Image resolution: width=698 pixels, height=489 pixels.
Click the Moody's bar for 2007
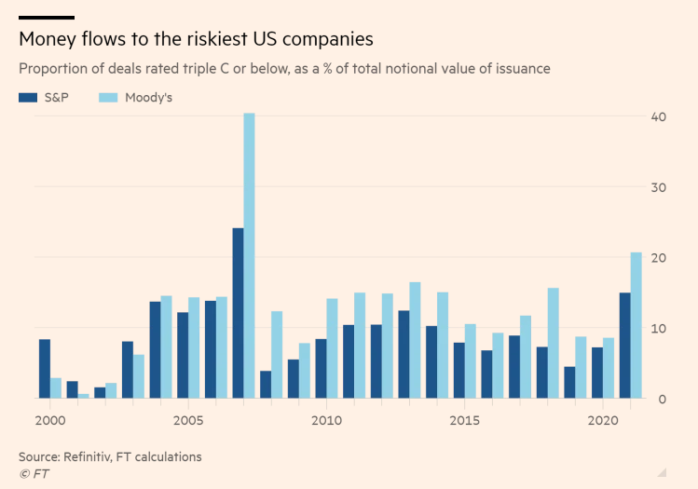pyautogui.click(x=249, y=256)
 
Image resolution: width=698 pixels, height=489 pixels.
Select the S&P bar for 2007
pyautogui.click(x=238, y=313)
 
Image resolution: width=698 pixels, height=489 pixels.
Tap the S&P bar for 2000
pyautogui.click(x=45, y=369)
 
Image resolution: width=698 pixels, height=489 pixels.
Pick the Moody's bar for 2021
pyautogui.click(x=636, y=325)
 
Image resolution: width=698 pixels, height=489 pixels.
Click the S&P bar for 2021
pyautogui.click(x=624, y=346)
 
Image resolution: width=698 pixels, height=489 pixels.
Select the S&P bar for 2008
pyautogui.click(x=266, y=385)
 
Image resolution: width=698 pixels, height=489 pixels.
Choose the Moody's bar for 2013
pyautogui.click(x=415, y=340)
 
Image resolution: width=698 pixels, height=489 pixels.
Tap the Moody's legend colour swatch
pyautogui.click(x=108, y=97)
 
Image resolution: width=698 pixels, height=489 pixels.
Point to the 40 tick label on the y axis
pyautogui.click(x=658, y=116)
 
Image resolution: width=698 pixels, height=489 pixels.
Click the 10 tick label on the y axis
pyautogui.click(x=658, y=328)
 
